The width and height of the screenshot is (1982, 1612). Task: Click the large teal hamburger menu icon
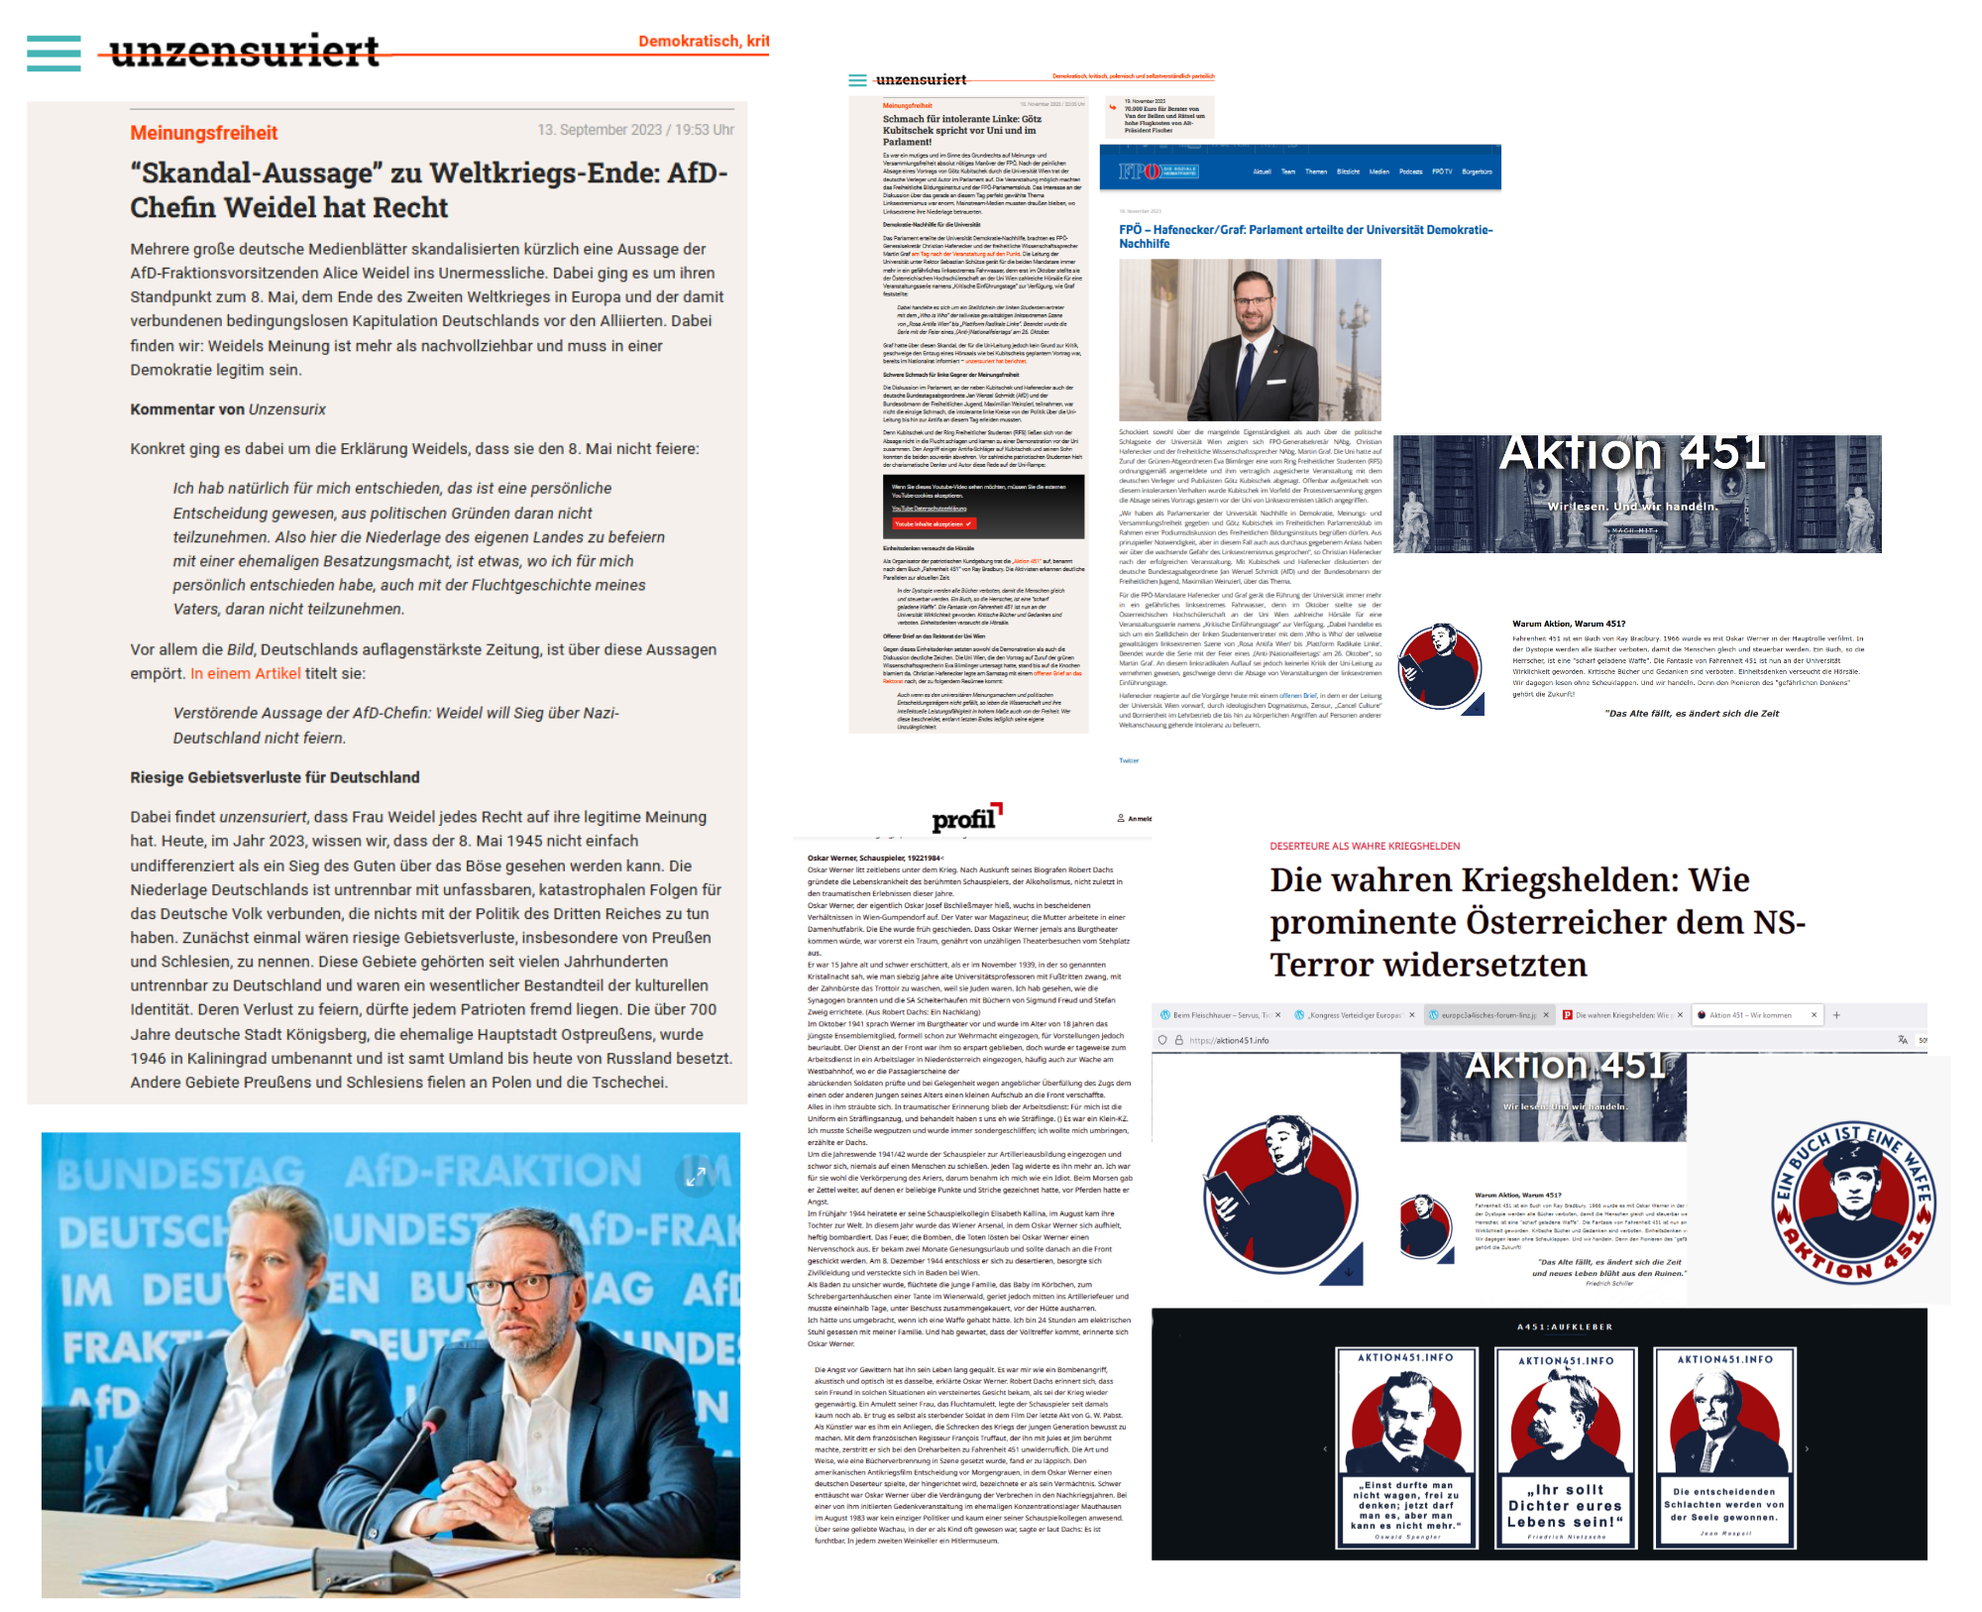pyautogui.click(x=54, y=54)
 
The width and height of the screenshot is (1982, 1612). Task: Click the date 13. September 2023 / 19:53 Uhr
pyautogui.click(x=635, y=130)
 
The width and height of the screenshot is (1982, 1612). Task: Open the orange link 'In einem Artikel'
pyautogui.click(x=245, y=673)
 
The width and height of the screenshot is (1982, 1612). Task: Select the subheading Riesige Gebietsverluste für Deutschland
pyautogui.click(x=275, y=777)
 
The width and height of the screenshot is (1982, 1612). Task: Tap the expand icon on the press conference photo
pyautogui.click(x=696, y=1175)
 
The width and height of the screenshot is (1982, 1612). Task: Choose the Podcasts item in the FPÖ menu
pyautogui.click(x=1410, y=172)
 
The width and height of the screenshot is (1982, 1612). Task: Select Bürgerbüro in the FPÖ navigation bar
pyautogui.click(x=1477, y=172)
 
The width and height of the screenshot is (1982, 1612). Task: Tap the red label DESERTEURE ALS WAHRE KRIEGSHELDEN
pyautogui.click(x=1365, y=846)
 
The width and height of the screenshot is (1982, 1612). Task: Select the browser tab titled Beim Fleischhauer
pyautogui.click(x=1216, y=1015)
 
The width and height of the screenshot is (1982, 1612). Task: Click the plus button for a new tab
pyautogui.click(x=1835, y=1015)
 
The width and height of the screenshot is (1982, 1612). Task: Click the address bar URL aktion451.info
pyautogui.click(x=1229, y=1040)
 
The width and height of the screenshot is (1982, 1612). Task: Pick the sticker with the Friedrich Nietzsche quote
pyautogui.click(x=1565, y=1446)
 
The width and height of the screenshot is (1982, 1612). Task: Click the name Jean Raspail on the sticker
pyautogui.click(x=1724, y=1534)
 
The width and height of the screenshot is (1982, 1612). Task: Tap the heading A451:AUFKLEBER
pyautogui.click(x=1565, y=1326)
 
